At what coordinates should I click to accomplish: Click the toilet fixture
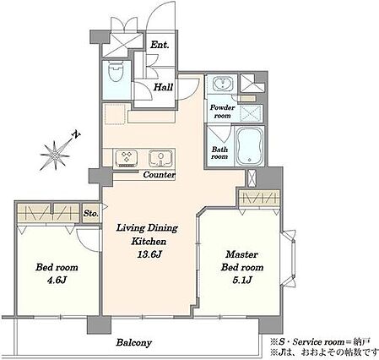(x=116, y=71)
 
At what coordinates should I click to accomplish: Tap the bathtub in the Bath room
(x=249, y=146)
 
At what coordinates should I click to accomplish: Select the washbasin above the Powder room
(x=222, y=84)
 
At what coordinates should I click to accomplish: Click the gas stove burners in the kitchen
(x=125, y=158)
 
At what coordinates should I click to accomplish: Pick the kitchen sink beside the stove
(x=160, y=158)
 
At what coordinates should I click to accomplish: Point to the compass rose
(x=55, y=155)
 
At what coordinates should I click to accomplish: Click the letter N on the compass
(x=75, y=134)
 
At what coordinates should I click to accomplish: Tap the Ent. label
(x=160, y=45)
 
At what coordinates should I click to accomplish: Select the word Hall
(x=163, y=87)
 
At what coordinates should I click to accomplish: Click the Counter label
(x=159, y=175)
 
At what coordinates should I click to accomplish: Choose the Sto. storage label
(x=90, y=214)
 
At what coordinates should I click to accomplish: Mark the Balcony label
(x=134, y=342)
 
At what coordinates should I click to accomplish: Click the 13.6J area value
(x=149, y=254)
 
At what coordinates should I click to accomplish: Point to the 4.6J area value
(x=57, y=280)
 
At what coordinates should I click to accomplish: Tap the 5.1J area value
(x=242, y=280)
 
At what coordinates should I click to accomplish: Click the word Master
(x=241, y=254)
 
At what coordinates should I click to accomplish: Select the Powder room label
(x=222, y=112)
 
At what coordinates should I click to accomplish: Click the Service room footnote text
(x=320, y=342)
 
